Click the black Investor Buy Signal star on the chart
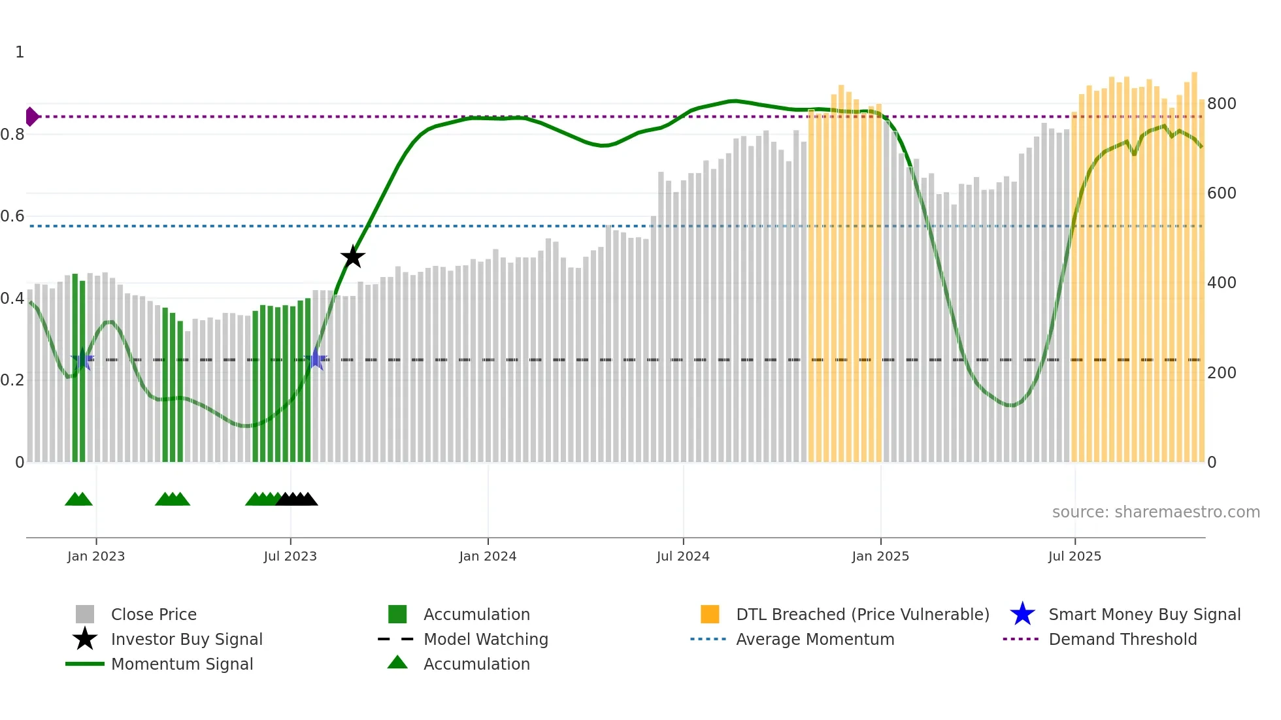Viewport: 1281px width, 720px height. pyautogui.click(x=353, y=257)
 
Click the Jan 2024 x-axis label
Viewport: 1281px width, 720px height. pyautogui.click(x=488, y=556)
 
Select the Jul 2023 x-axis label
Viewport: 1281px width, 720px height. pyautogui.click(x=290, y=556)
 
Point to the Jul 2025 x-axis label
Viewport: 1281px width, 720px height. pyautogui.click(x=1074, y=556)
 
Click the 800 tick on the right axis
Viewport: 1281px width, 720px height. pyautogui.click(x=1222, y=104)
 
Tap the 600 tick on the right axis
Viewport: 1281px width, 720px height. pyautogui.click(x=1222, y=193)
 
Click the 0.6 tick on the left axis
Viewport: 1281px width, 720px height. pyautogui.click(x=12, y=216)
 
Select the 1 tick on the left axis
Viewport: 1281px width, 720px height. pyautogui.click(x=20, y=52)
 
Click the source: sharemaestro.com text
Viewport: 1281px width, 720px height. pyautogui.click(x=1156, y=512)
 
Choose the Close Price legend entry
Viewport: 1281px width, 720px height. pyautogui.click(x=154, y=614)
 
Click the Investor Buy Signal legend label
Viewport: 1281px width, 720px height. pyautogui.click(x=187, y=639)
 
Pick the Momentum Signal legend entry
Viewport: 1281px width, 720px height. pyautogui.click(x=182, y=664)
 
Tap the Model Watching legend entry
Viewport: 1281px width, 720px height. pyautogui.click(x=486, y=639)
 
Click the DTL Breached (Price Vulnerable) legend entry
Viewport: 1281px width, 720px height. pyautogui.click(x=862, y=614)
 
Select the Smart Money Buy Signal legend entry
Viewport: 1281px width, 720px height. pyautogui.click(x=1144, y=614)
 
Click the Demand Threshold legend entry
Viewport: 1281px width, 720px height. pyautogui.click(x=1122, y=639)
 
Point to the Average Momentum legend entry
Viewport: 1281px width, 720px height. pyautogui.click(x=815, y=639)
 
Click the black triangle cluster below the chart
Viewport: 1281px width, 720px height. pyautogui.click(x=297, y=499)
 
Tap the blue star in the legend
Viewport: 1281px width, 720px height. pyautogui.click(x=1022, y=614)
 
